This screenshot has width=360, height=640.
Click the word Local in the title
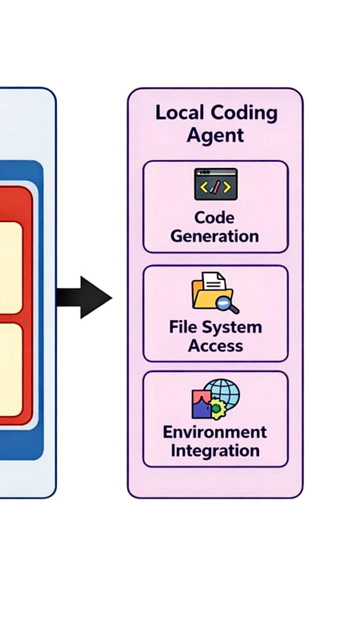pos(176,113)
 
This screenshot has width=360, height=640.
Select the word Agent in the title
pos(215,135)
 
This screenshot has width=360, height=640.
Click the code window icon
pos(215,184)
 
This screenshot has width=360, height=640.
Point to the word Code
pos(214,217)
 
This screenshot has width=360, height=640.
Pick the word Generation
pos(215,236)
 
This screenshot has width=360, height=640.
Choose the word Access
pos(215,345)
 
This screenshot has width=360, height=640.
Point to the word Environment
pos(215,431)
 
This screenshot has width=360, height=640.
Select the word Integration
pos(215,450)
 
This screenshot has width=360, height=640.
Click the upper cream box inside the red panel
pos(10,268)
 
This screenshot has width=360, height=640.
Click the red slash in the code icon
pos(215,187)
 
